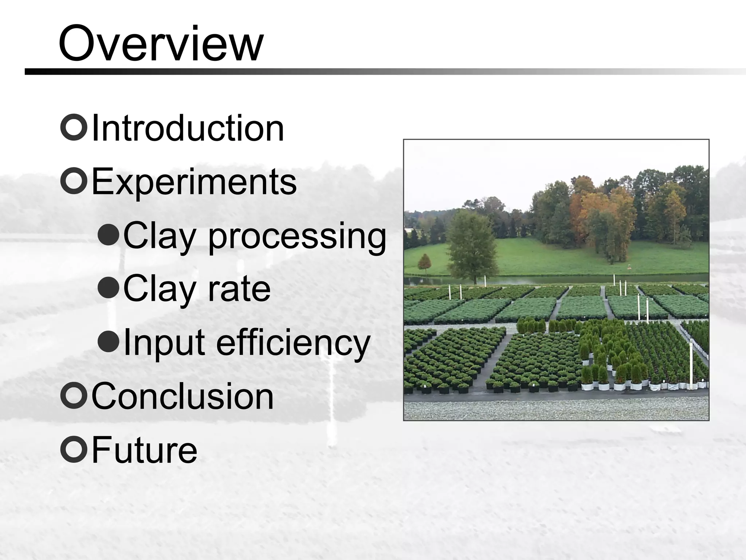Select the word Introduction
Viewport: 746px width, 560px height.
click(x=188, y=128)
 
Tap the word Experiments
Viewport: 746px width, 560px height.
click(x=194, y=182)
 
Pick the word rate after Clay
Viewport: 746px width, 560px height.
click(x=239, y=289)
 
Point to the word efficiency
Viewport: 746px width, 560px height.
click(x=293, y=343)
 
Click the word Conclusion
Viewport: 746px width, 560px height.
click(x=182, y=396)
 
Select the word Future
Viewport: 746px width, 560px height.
click(x=144, y=450)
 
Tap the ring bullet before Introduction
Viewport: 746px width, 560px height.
click(x=74, y=128)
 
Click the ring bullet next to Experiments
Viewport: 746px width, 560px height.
click(x=74, y=181)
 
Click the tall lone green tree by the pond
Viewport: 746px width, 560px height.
click(x=472, y=244)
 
